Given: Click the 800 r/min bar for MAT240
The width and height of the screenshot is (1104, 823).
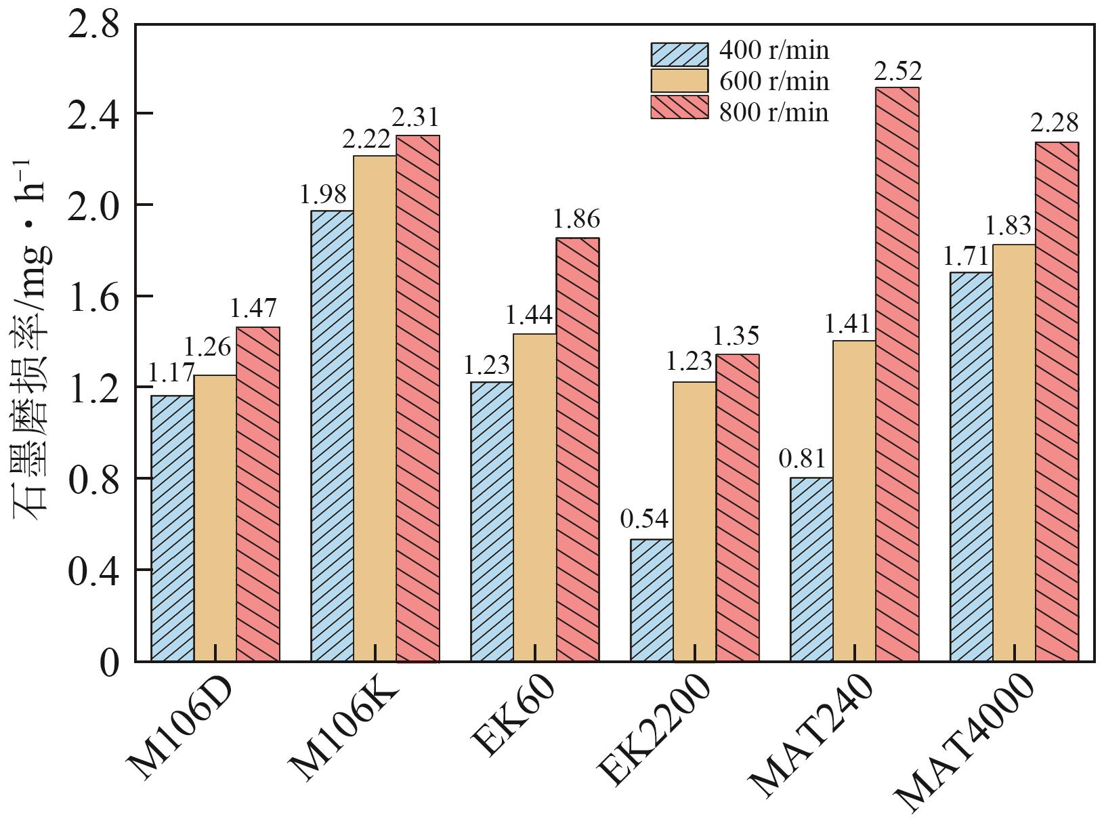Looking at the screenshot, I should pyautogui.click(x=897, y=374).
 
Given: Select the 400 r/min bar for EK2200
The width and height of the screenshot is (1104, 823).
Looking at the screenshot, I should pyautogui.click(x=652, y=600).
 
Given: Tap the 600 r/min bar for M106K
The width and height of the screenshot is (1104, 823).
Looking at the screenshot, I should pyautogui.click(x=375, y=408).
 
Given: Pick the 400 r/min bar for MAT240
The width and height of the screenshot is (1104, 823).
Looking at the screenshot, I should pyautogui.click(x=811, y=569).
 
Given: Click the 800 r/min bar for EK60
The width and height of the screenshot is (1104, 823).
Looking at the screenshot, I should pyautogui.click(x=577, y=449).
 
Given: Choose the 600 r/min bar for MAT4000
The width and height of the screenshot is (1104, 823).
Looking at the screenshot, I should pyautogui.click(x=1014, y=452).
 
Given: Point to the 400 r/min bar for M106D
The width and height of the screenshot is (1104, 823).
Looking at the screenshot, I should pyautogui.click(x=172, y=528).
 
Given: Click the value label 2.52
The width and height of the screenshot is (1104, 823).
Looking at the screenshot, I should pyautogui.click(x=897, y=71).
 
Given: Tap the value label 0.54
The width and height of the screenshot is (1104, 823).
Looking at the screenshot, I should pyautogui.click(x=644, y=520).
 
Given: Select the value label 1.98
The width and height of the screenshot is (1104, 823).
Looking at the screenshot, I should pyautogui.click(x=323, y=195).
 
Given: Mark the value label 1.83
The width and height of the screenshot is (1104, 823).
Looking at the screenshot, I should pyautogui.click(x=1008, y=226).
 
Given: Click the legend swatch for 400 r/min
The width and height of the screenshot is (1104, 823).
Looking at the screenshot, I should pyautogui.click(x=679, y=54).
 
